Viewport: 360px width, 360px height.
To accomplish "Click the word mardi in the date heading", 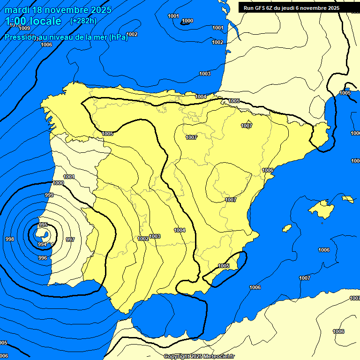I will click(18, 10).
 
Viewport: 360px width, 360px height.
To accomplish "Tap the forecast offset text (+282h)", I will click(83, 21).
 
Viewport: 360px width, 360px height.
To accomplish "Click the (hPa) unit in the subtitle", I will click(118, 38).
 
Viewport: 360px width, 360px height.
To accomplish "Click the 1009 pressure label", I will click(24, 28).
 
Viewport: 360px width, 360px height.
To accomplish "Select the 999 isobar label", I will click(49, 195).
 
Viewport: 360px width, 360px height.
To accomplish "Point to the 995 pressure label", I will click(43, 225).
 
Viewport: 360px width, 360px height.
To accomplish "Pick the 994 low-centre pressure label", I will click(42, 244).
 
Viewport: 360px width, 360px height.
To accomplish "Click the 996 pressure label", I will click(43, 258).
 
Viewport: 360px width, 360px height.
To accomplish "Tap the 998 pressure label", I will click(9, 239).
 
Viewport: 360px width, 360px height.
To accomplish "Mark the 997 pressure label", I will click(70, 240).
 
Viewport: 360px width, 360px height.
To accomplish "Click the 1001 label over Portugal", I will click(69, 177).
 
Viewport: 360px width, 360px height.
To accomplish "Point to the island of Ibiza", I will click(287, 228).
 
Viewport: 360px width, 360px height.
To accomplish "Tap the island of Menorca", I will click(347, 199).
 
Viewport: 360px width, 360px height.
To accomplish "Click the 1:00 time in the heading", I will click(17, 21).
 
